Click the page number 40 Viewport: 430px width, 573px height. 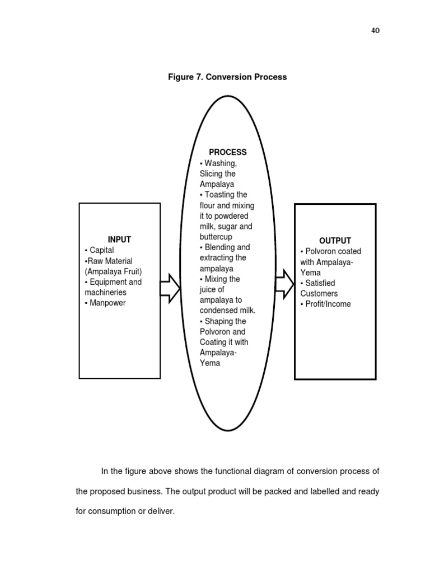pos(375,31)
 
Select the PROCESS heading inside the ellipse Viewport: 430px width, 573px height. pos(228,152)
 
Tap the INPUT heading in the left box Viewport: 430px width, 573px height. pos(119,239)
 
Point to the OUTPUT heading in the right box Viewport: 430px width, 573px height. pos(335,241)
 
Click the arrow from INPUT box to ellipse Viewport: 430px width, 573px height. pos(170,288)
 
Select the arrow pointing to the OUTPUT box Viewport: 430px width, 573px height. pos(285,284)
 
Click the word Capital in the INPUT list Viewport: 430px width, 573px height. pos(102,250)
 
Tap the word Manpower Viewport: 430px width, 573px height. pos(107,303)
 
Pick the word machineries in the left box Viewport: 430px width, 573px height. pos(105,292)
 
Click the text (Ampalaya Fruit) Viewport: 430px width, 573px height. pos(113,271)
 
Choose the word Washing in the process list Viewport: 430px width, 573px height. pos(221,163)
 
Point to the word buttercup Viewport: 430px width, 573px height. pos(216,237)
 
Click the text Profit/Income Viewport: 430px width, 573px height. pos(328,304)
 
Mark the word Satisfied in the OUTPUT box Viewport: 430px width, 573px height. pos(320,283)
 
